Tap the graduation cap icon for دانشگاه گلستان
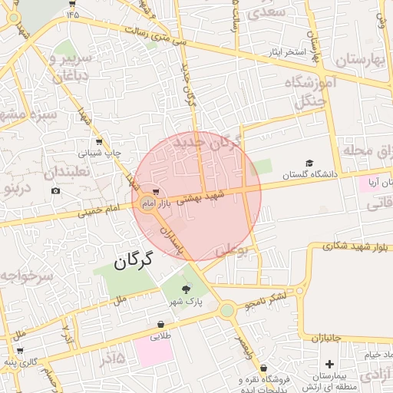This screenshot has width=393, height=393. tap(309, 163)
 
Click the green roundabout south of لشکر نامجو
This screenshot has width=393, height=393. tap(226, 310)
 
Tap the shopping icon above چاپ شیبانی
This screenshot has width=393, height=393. tap(99, 142)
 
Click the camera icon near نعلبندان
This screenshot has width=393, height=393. tap(54, 190)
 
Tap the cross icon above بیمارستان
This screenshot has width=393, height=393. tap(330, 364)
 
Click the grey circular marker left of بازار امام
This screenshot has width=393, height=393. tap(147, 203)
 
